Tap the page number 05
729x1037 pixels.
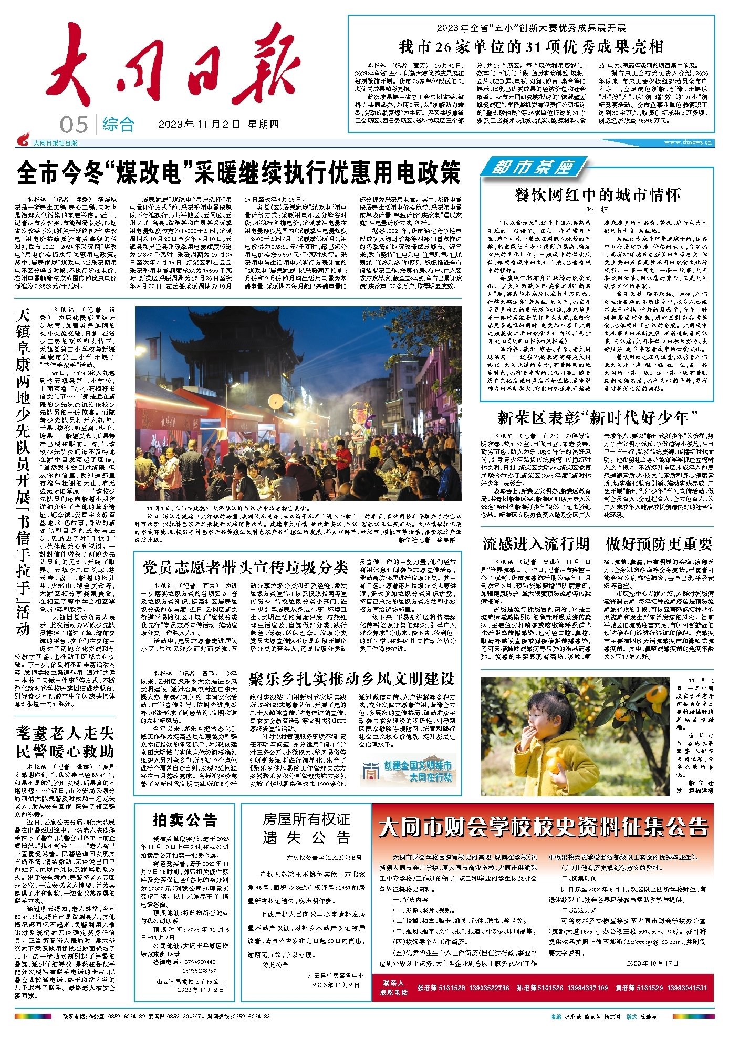point(74,125)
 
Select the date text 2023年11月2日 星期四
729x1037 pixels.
point(218,125)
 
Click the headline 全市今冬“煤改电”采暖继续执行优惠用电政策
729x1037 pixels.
point(239,172)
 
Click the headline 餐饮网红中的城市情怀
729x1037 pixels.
point(598,195)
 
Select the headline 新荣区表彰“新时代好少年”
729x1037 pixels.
point(598,418)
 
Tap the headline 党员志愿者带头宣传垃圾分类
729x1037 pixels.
point(245,568)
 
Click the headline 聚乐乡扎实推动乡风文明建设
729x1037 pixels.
point(351,679)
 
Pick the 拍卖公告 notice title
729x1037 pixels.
point(185,819)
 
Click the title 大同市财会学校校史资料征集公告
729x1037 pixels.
point(543,827)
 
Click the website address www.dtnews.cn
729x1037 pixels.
point(688,142)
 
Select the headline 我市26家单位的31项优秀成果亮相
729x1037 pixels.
point(531,47)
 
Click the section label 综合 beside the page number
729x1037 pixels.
point(119,125)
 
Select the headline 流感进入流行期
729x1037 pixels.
point(536,544)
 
